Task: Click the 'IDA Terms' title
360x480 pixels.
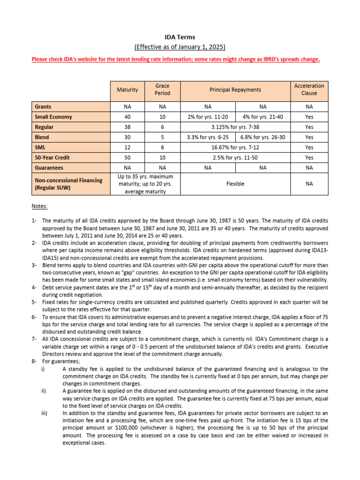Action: tap(180, 37)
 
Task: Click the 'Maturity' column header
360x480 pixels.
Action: tap(127, 90)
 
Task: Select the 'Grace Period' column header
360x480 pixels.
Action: tap(162, 90)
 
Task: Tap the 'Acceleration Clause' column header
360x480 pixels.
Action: tap(309, 90)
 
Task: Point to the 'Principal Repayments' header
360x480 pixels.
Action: tap(235, 90)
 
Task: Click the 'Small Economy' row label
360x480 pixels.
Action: tap(53, 117)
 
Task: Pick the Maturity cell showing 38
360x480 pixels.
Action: tap(127, 127)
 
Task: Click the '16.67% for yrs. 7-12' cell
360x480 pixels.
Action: tap(235, 147)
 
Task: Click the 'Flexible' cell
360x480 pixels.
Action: tap(235, 184)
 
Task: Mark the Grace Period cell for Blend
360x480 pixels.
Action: tap(162, 137)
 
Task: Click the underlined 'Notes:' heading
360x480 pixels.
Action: tap(39, 206)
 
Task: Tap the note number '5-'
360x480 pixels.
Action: tap(35, 302)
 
